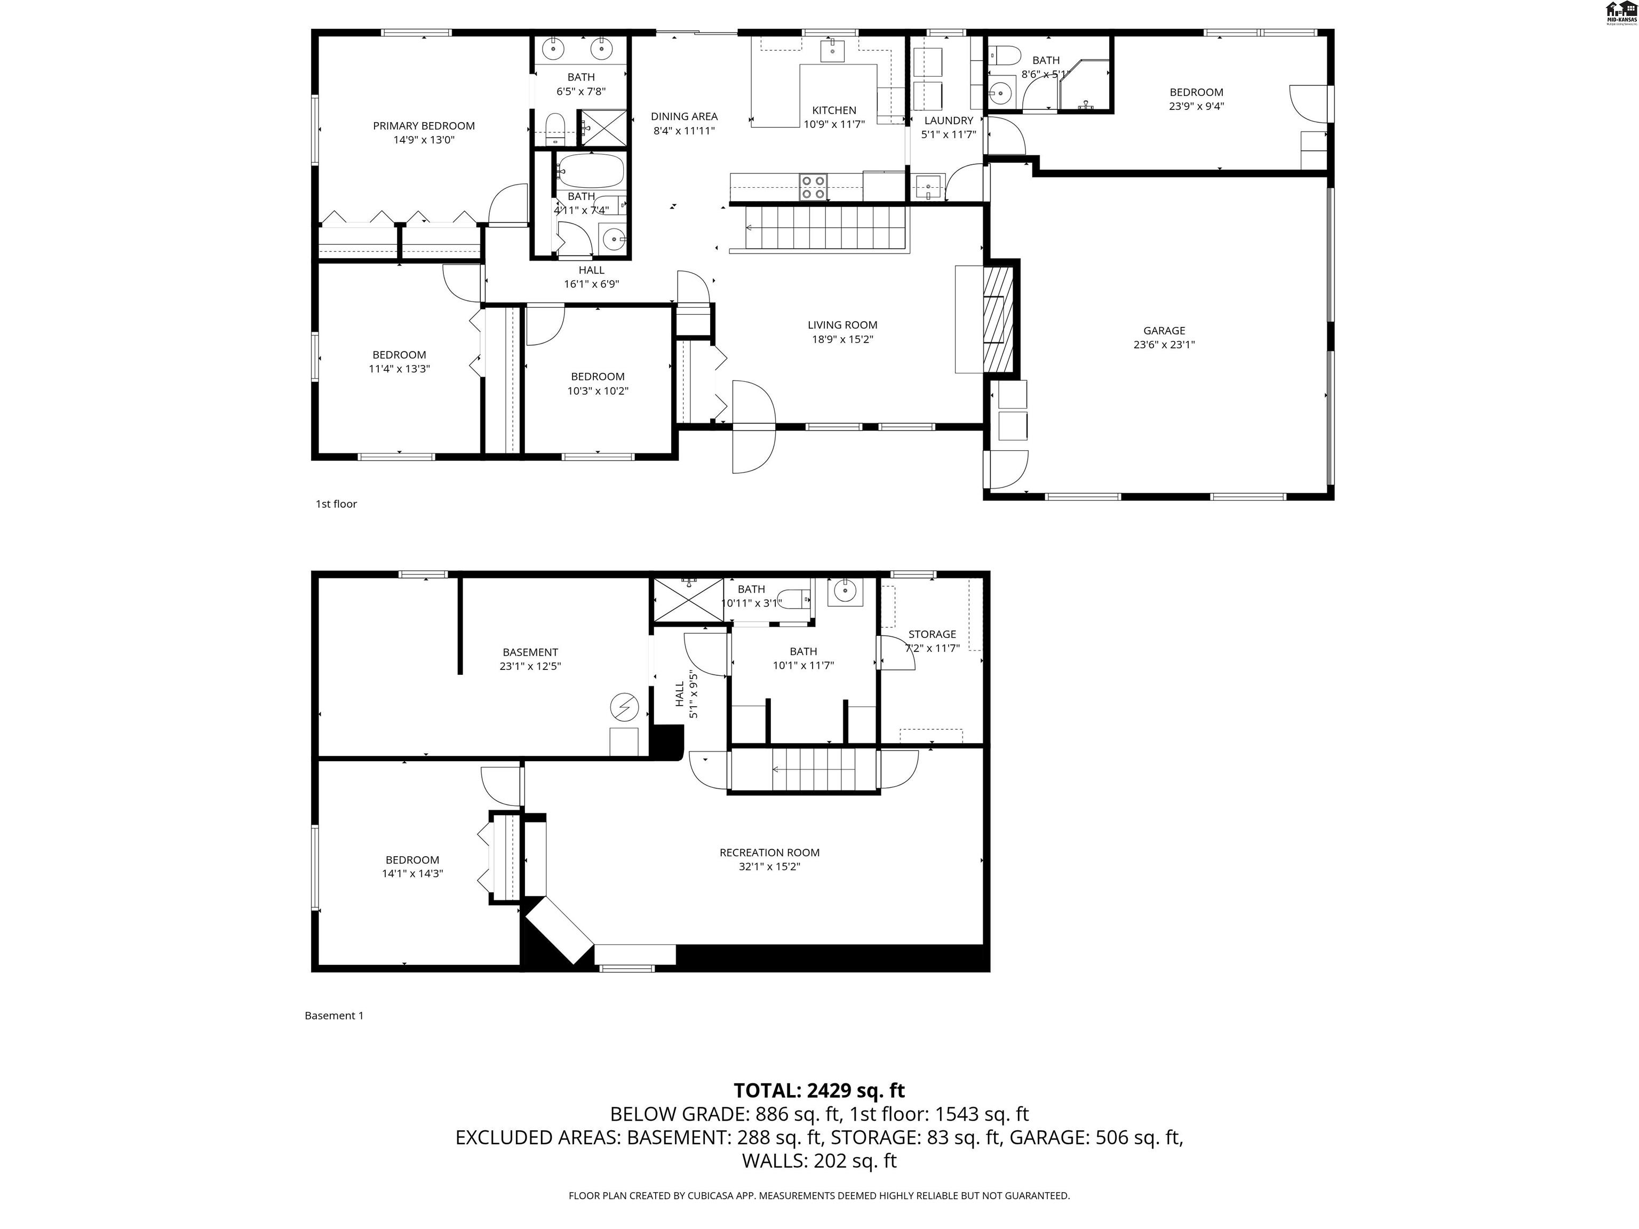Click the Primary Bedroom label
pyautogui.click(x=423, y=126)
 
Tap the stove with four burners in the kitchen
pyautogui.click(x=813, y=187)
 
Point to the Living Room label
pyautogui.click(x=842, y=325)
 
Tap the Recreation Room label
pyautogui.click(x=769, y=852)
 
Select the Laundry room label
pyautogui.click(x=949, y=121)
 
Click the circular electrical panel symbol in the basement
pyautogui.click(x=624, y=707)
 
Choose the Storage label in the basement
pyautogui.click(x=932, y=634)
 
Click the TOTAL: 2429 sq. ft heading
pyautogui.click(x=819, y=1090)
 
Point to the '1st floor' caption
pyautogui.click(x=337, y=504)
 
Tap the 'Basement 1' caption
pyautogui.click(x=333, y=1016)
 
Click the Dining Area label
pyautogui.click(x=684, y=116)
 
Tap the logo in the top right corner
pyautogui.click(x=1620, y=13)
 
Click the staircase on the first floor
pyautogui.click(x=819, y=228)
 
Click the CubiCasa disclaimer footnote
pyautogui.click(x=819, y=1196)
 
